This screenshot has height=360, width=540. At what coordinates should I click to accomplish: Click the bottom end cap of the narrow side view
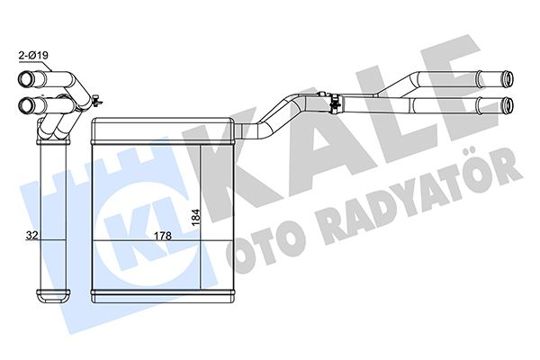50,295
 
